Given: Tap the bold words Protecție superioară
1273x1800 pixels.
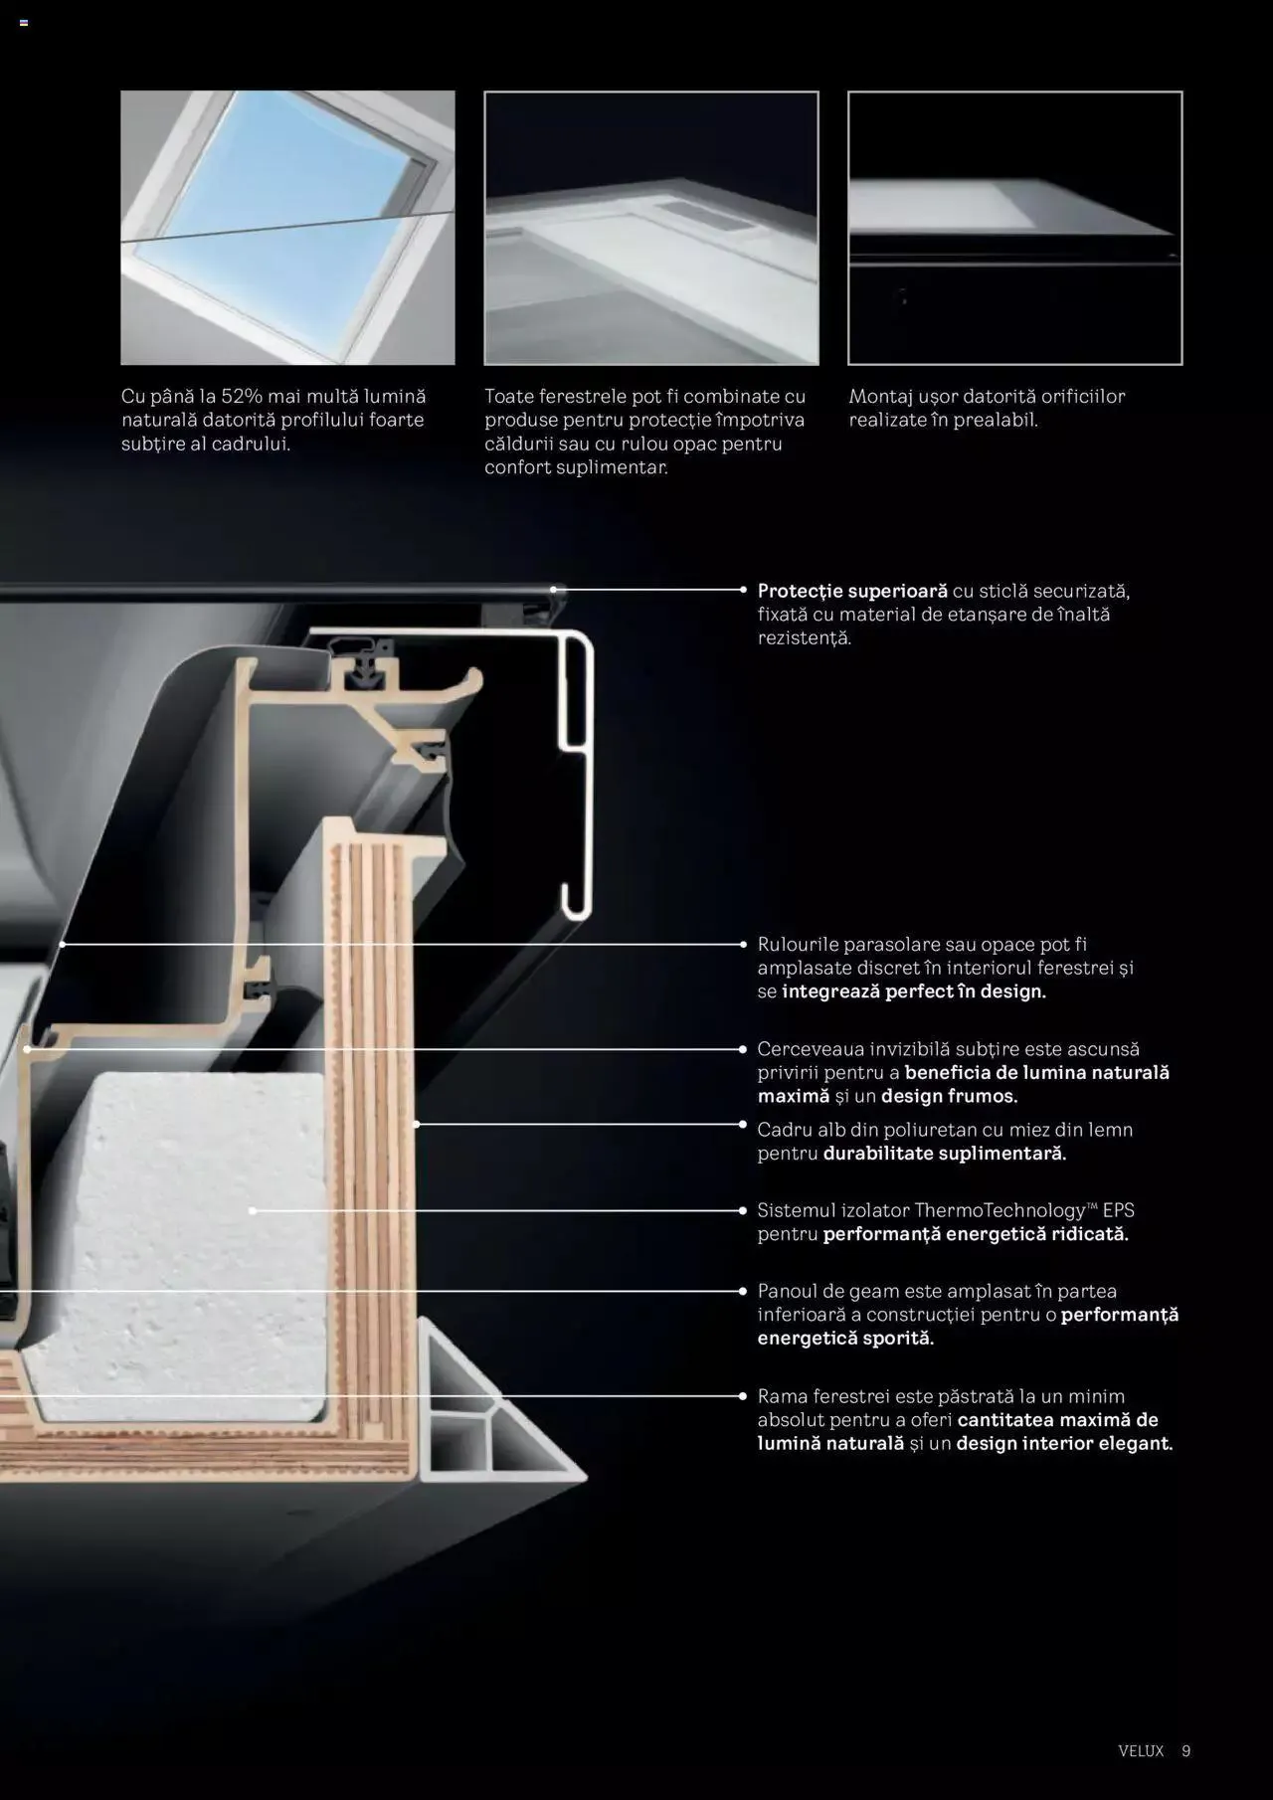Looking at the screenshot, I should click(852, 591).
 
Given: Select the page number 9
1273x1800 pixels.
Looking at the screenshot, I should click(1185, 1750).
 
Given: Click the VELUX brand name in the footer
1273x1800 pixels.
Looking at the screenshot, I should click(1140, 1750).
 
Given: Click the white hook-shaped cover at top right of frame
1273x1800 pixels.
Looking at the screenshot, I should click(576, 776).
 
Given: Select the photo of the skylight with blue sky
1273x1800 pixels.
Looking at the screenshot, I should click(287, 228).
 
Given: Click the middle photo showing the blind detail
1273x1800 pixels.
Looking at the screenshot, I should click(651, 228).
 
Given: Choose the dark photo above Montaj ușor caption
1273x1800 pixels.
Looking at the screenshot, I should click(1014, 228).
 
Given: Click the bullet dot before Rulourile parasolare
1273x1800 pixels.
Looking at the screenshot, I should click(743, 944).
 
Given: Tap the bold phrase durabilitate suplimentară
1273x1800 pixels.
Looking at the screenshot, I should click(944, 1154).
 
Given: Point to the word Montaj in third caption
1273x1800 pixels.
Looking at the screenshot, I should click(880, 396).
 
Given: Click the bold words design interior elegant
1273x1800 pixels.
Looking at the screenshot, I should click(1064, 1443).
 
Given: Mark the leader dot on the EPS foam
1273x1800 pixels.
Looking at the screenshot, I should click(253, 1210).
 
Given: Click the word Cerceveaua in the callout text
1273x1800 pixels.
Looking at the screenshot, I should click(808, 1048).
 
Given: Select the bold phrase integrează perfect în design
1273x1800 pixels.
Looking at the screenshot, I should click(913, 991).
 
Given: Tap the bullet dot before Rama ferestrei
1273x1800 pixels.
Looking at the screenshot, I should click(743, 1396).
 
